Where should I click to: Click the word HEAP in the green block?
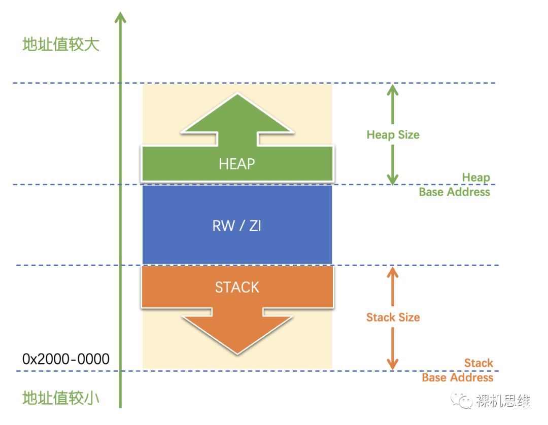click(x=236, y=164)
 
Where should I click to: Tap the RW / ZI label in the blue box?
click(x=236, y=226)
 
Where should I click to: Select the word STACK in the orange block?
click(x=237, y=287)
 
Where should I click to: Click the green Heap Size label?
click(x=393, y=135)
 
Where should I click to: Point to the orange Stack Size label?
click(x=393, y=317)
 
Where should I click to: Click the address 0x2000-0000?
click(x=66, y=359)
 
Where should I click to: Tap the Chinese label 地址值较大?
click(x=61, y=45)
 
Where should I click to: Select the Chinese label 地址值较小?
click(x=61, y=398)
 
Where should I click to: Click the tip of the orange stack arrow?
click(x=237, y=352)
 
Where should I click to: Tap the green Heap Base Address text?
click(x=455, y=185)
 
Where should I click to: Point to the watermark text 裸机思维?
click(x=503, y=401)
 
